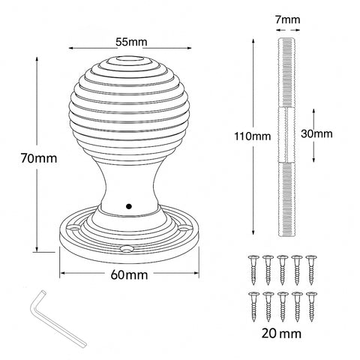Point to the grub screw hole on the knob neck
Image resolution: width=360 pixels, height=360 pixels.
coord(129,204)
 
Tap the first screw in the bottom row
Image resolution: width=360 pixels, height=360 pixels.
coord(251,304)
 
